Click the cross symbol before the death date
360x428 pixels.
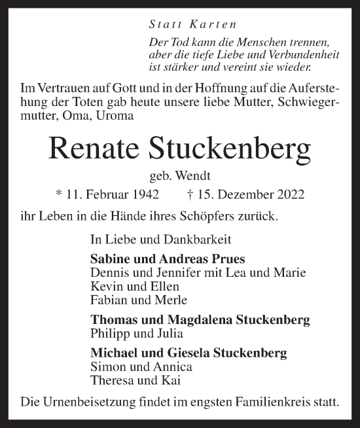(x=191, y=194)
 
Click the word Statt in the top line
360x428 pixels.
(x=164, y=26)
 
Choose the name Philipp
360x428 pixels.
(x=105, y=333)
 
